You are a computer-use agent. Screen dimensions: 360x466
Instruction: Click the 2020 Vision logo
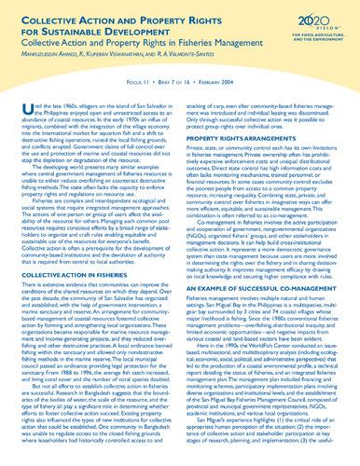(x=320, y=20)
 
